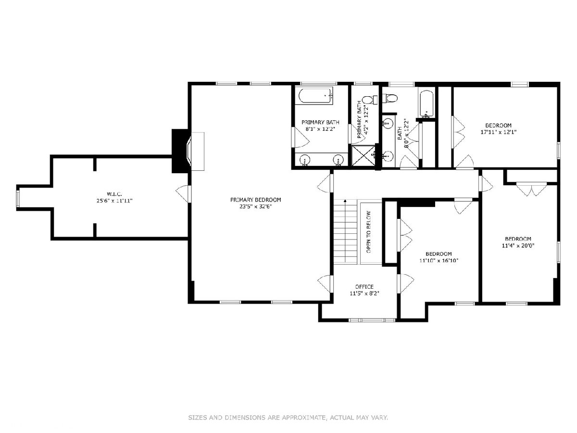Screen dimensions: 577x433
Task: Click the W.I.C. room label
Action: point(114,194)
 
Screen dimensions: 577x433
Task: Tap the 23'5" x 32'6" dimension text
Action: point(255,206)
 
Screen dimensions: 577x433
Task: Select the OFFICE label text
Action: point(364,287)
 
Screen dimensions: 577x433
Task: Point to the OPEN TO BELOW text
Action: point(368,232)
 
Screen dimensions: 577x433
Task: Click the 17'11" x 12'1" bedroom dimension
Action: point(499,132)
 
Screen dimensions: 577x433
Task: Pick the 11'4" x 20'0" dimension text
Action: point(518,246)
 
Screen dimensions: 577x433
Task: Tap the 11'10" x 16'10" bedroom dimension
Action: point(439,261)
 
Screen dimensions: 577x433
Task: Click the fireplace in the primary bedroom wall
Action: point(181,151)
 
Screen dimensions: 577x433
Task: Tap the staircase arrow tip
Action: point(345,201)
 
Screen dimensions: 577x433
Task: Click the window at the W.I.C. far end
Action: point(18,198)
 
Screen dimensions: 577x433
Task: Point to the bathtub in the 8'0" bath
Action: point(426,104)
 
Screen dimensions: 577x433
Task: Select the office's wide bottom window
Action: point(372,320)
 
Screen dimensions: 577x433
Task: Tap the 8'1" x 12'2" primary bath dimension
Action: point(320,129)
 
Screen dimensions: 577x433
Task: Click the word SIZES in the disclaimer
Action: point(197,417)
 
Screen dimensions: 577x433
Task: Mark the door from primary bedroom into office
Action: point(326,283)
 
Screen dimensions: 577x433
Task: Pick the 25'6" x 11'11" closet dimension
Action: point(114,201)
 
